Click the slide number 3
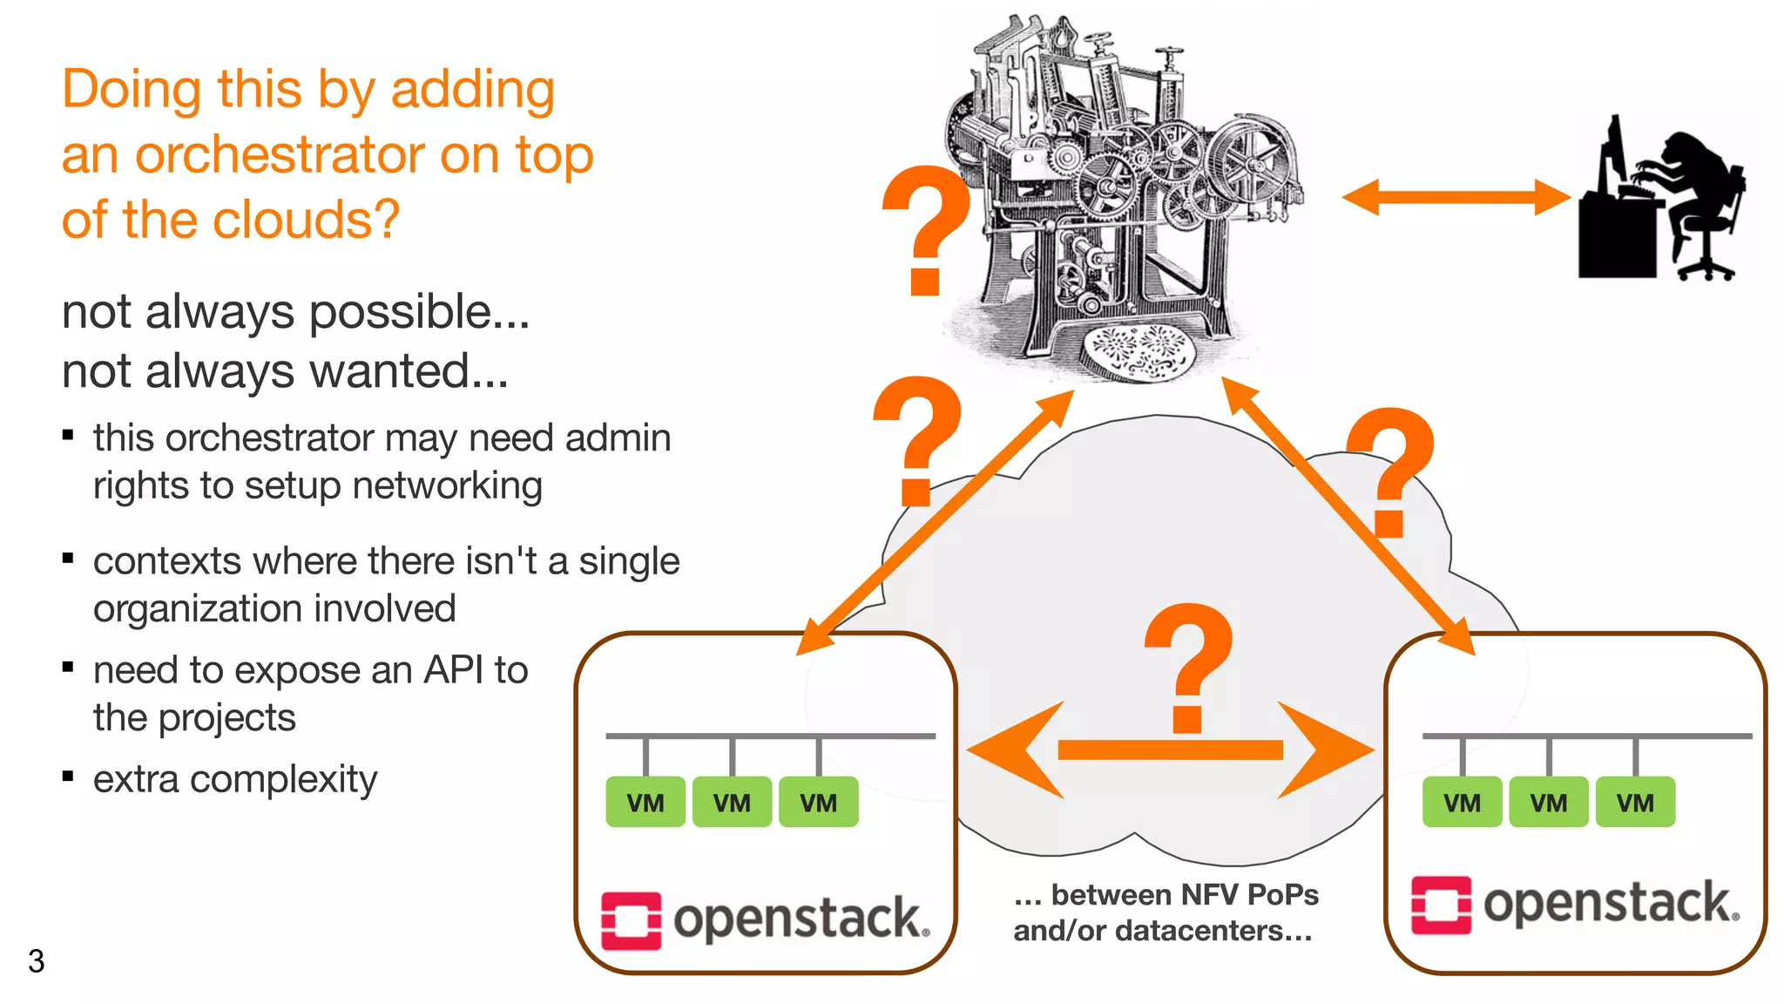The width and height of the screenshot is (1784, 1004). pos(36,960)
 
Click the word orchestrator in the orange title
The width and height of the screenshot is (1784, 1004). pos(279,155)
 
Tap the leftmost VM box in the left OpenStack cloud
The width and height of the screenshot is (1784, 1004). pos(645,802)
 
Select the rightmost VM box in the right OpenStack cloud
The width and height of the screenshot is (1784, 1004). pos(1635,802)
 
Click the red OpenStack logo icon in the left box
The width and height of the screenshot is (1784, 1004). pos(631,920)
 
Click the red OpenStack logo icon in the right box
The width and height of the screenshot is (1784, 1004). pos(1441,905)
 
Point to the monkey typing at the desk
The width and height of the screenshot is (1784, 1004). pos(1686,200)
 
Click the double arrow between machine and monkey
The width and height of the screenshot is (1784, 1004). pos(1455,197)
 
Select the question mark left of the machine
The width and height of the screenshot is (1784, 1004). pos(925,231)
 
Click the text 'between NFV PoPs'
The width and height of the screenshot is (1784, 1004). pos(1185,895)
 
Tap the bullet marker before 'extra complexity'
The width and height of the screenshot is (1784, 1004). pos(68,776)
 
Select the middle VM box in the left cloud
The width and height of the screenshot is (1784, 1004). pos(732,802)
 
